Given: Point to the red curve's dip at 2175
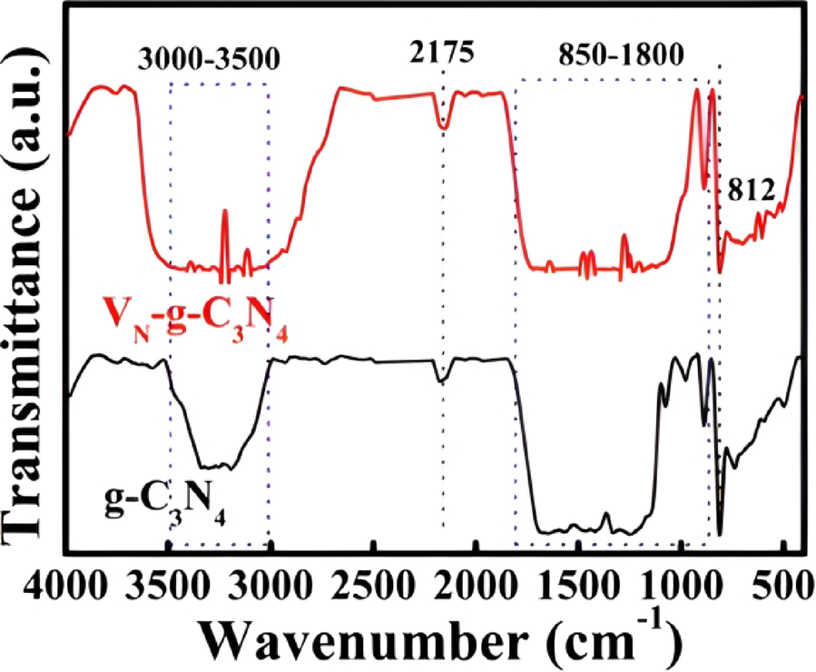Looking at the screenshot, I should [x=444, y=126].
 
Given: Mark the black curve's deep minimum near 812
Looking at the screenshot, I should [x=720, y=533].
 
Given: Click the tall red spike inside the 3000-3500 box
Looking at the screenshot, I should [x=224, y=213].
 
